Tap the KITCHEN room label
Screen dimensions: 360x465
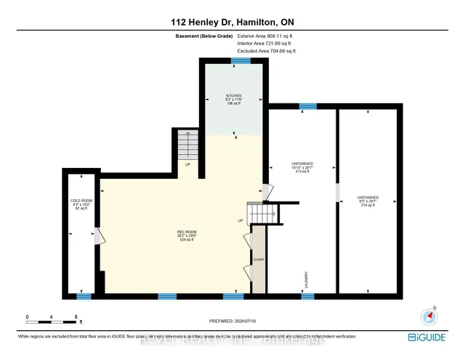coord(233,100)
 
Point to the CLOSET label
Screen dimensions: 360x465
coord(259,260)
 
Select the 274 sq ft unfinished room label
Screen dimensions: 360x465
coord(367,201)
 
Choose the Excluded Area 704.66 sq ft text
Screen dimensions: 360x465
coord(267,51)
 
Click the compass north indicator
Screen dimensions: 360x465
coord(429,316)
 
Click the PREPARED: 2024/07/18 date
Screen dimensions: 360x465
coord(232,321)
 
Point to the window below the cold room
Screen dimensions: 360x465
coord(84,296)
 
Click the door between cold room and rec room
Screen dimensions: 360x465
coord(98,236)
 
